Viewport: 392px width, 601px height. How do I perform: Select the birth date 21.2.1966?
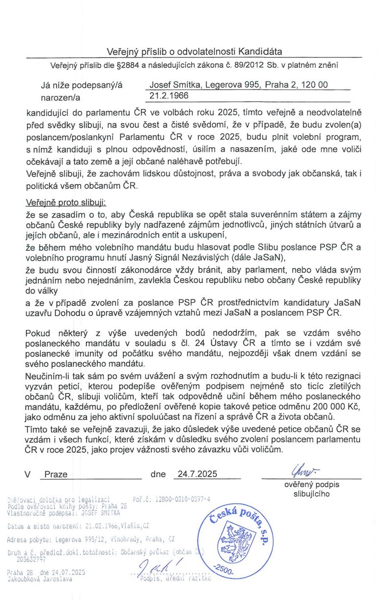(x=169, y=96)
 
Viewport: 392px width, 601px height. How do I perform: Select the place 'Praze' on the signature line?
(x=56, y=475)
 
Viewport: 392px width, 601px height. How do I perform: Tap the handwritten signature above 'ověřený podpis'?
(x=304, y=471)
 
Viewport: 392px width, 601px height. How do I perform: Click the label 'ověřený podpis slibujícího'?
(x=311, y=489)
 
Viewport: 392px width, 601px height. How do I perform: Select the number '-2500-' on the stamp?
(x=224, y=570)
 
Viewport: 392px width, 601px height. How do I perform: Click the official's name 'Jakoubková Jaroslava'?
(x=39, y=579)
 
